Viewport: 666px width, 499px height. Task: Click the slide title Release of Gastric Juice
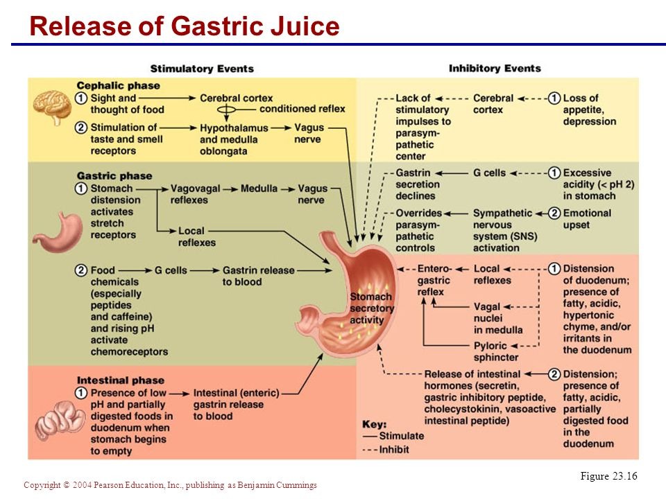pos(185,26)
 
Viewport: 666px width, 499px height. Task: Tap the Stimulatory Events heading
pos(202,69)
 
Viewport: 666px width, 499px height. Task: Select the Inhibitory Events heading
pos(495,69)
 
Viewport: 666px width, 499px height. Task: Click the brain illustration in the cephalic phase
pos(53,105)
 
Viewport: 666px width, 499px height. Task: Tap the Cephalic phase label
pos(118,86)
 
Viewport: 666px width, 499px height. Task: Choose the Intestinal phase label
pos(121,380)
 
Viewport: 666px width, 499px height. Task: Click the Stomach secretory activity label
pos(371,308)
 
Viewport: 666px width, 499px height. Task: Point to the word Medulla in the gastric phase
pos(259,189)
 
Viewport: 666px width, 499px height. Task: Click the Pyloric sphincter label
pos(496,351)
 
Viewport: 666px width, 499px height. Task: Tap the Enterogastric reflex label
pos(434,280)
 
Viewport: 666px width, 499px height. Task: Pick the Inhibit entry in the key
pos(389,449)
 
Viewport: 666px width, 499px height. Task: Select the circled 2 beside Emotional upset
pos(554,213)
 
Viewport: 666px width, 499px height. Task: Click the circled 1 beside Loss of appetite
pos(554,98)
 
